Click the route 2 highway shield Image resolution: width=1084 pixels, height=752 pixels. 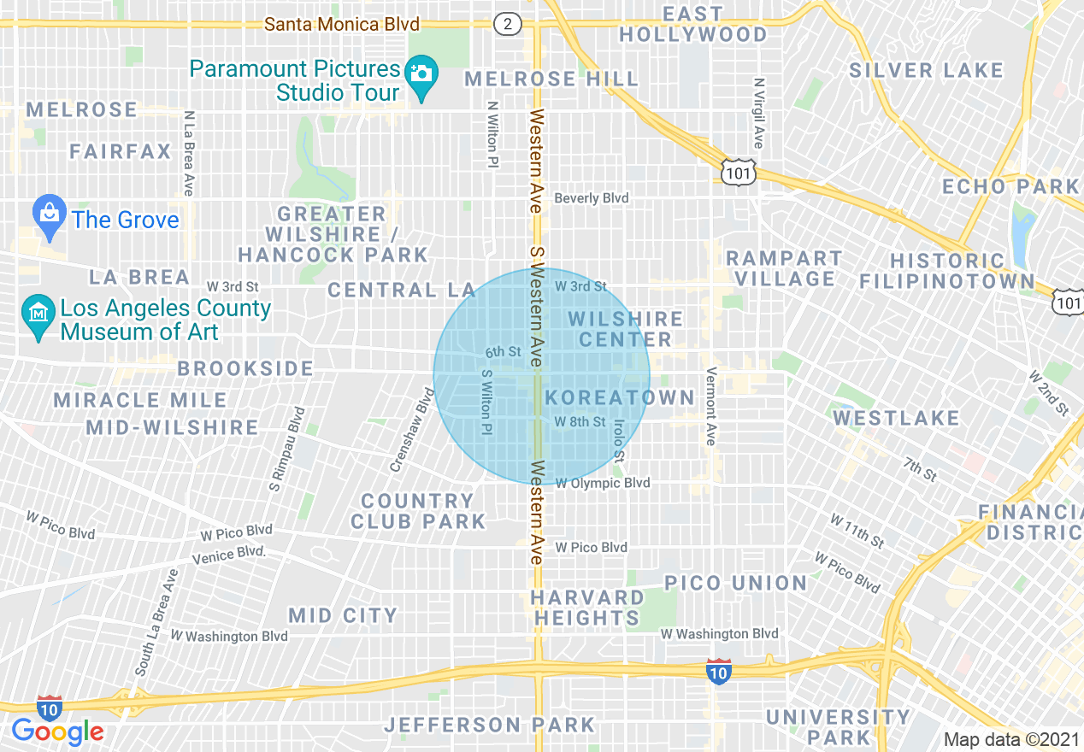pyautogui.click(x=508, y=24)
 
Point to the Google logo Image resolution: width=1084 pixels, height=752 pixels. pyautogui.click(x=57, y=731)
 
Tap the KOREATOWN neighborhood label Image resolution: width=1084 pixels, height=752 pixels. pyautogui.click(x=620, y=397)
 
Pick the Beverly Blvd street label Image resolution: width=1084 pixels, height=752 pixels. pyautogui.click(x=592, y=198)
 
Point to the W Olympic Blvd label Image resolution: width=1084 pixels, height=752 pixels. pyautogui.click(x=603, y=483)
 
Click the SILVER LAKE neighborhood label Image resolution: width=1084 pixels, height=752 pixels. pyautogui.click(x=926, y=70)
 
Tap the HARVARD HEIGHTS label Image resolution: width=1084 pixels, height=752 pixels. pyautogui.click(x=587, y=608)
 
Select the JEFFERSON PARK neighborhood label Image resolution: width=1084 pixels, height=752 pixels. pyautogui.click(x=489, y=725)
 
